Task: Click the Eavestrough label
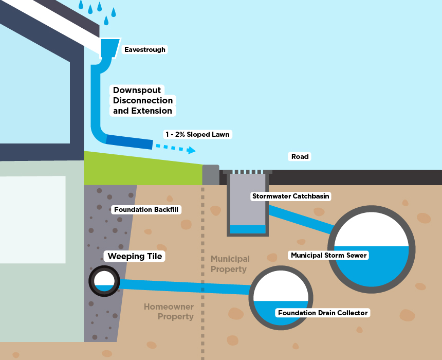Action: [x=145, y=50]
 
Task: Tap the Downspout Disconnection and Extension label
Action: [x=143, y=100]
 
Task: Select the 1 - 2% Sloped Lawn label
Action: [x=197, y=134]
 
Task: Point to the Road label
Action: [x=300, y=156]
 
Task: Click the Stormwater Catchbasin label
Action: [x=290, y=196]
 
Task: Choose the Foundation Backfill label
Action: [x=145, y=209]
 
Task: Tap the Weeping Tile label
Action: [x=135, y=256]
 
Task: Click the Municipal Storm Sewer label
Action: [x=329, y=255]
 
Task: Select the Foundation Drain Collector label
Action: [x=323, y=313]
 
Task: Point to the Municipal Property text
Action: [x=230, y=264]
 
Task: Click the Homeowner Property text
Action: [x=168, y=312]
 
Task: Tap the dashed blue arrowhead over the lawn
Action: [x=191, y=150]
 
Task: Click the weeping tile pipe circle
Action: [x=104, y=281]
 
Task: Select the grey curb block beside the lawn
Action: [x=211, y=175]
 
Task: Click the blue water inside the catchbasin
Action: [x=248, y=229]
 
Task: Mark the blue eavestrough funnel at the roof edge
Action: [x=109, y=47]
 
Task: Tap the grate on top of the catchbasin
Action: [x=248, y=172]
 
